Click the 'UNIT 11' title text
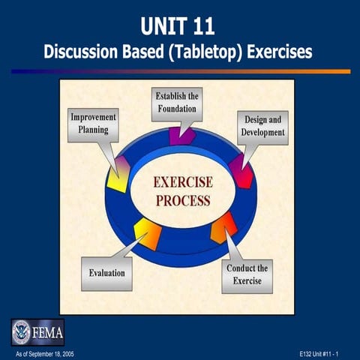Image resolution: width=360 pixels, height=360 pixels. (180, 27)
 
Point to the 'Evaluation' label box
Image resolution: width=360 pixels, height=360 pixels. (107, 274)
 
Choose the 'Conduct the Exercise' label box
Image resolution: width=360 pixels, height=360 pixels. (247, 274)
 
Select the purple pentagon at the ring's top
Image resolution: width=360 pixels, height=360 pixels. (181, 135)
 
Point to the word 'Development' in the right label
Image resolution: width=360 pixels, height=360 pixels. (262, 132)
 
